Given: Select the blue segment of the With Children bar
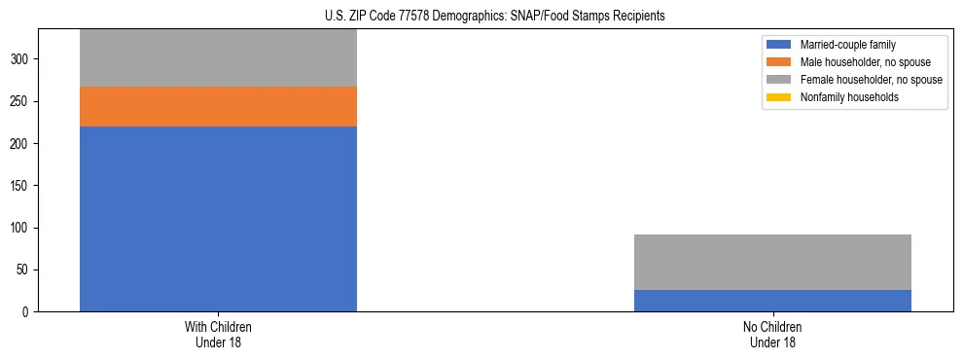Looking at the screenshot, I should [x=218, y=219].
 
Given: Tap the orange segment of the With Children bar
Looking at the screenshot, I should [x=218, y=106].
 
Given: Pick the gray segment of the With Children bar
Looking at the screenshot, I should [x=218, y=58].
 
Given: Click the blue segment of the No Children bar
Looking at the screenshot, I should [x=772, y=301].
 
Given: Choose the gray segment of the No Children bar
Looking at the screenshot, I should [x=772, y=262].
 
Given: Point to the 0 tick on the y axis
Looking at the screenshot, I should [x=28, y=312].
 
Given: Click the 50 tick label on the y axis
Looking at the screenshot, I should [x=25, y=270].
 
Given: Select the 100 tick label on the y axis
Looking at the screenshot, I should [x=22, y=228].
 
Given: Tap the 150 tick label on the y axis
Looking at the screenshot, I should [x=22, y=186].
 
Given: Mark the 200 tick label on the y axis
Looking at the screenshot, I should [x=22, y=143].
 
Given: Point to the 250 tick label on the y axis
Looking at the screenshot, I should [x=22, y=101].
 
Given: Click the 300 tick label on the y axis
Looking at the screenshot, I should [x=22, y=59].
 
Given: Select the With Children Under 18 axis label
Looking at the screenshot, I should [x=218, y=334].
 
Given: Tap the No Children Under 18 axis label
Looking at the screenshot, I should [x=772, y=334].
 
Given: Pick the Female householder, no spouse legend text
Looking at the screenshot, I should [x=871, y=80].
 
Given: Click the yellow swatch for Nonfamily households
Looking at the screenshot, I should [x=779, y=97].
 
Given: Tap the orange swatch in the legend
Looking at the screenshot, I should [x=779, y=62].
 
